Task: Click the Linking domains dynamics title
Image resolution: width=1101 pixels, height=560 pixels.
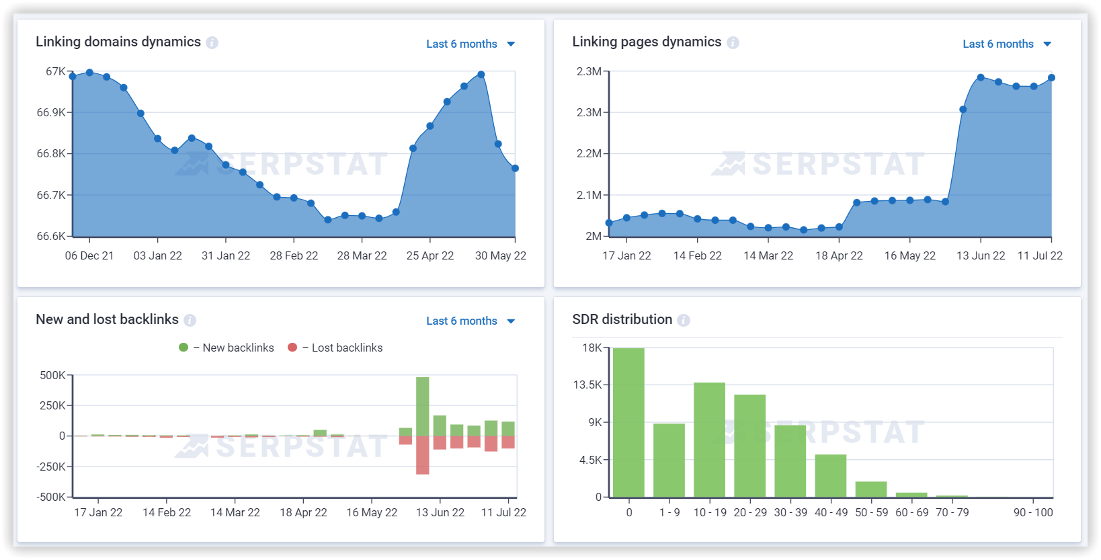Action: pos(118,42)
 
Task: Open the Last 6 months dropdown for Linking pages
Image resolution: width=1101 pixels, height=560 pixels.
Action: pos(1006,44)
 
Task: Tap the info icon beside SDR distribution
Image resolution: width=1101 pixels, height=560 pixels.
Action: pos(684,320)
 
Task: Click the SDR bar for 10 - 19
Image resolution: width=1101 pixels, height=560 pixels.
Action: pos(709,440)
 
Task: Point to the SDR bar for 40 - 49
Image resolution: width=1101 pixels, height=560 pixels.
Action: pos(830,476)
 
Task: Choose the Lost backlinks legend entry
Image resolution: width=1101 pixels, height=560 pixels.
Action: pos(335,348)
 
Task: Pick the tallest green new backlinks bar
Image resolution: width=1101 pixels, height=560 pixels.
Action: pos(422,406)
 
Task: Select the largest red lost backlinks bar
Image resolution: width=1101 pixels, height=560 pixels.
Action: pos(422,455)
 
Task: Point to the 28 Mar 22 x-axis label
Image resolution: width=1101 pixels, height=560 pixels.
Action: pos(362,256)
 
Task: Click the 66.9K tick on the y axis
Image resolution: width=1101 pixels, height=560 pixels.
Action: pos(51,112)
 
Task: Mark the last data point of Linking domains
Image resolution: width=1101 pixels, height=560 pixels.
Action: pos(515,168)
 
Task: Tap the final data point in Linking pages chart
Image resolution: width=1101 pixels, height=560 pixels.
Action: pos(1051,78)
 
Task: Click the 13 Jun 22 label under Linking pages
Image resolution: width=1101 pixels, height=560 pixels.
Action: pos(981,256)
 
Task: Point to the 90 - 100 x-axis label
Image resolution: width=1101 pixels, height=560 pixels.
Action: pos(1033,512)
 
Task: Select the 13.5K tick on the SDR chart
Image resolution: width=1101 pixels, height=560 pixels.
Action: pos(587,385)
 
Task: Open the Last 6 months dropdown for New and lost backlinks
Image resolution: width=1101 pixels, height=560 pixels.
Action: pos(470,321)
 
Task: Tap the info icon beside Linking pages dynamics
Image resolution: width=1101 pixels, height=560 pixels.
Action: pos(733,42)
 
